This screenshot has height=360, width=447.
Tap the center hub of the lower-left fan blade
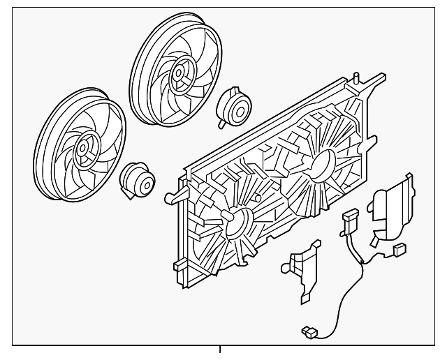(85, 147)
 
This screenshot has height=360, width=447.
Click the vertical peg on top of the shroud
(357, 79)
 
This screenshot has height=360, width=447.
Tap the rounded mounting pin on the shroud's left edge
(170, 197)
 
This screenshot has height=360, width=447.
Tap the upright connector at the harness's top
(349, 222)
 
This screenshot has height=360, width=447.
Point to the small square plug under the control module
(400, 248)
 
